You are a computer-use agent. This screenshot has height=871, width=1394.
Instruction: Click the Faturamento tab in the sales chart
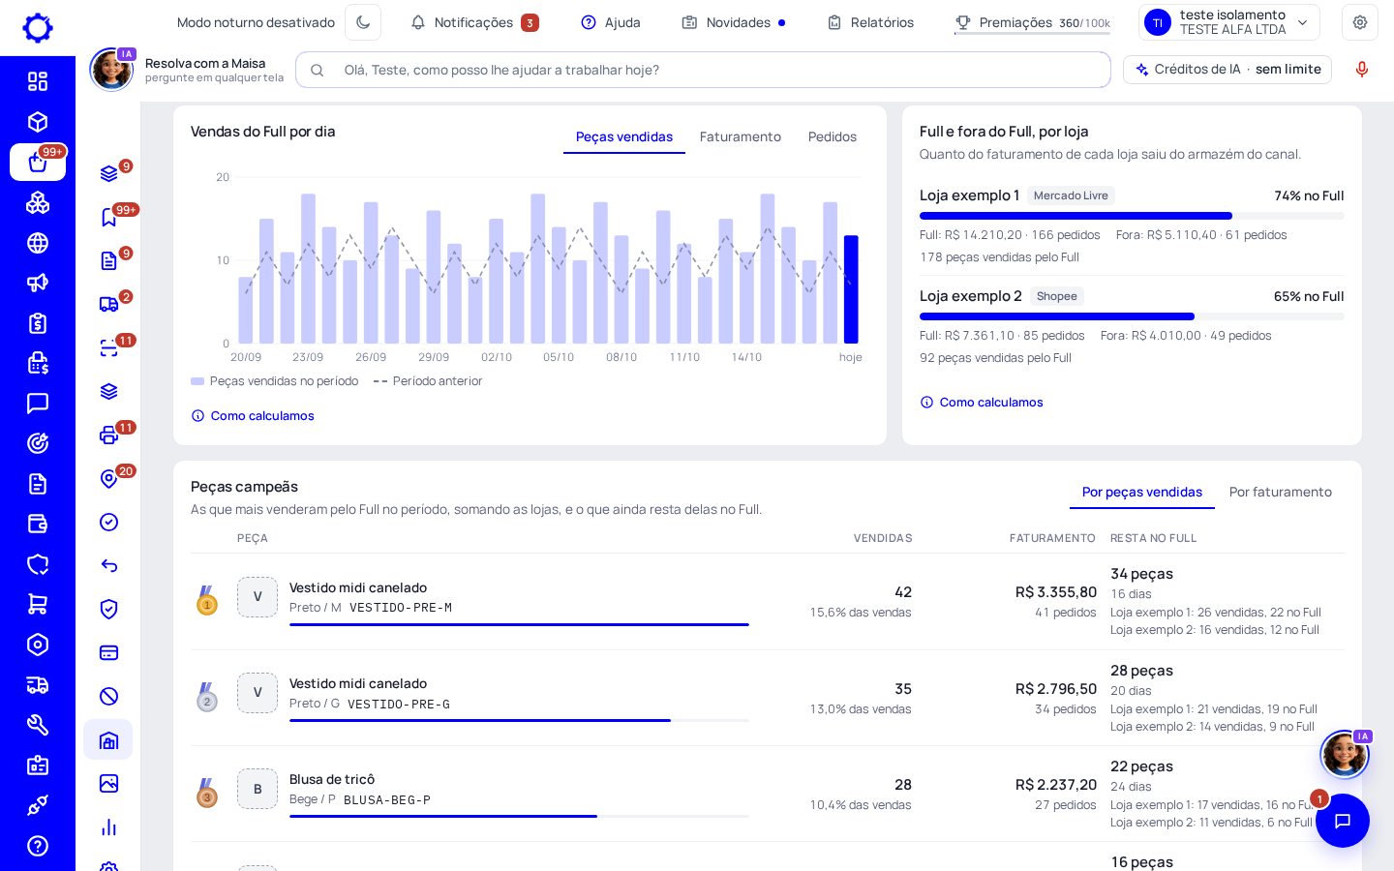point(740,136)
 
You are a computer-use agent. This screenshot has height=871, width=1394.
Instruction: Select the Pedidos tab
point(833,136)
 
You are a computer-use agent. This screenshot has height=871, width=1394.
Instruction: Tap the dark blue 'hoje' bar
point(851,289)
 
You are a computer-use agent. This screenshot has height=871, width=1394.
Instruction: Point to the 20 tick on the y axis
point(223,177)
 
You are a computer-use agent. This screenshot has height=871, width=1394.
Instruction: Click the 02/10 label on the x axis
point(497,357)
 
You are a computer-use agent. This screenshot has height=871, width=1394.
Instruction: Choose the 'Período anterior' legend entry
point(428,380)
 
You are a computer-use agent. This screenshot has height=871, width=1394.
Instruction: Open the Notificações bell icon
point(418,22)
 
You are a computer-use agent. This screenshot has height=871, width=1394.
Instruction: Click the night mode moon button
point(363,22)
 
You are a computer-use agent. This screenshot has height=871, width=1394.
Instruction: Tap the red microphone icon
point(1362,69)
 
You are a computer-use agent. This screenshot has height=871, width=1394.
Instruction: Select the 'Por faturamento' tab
point(1280,492)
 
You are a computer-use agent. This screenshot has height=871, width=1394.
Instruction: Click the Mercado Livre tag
point(1071,195)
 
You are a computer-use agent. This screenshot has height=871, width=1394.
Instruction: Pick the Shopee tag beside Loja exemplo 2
point(1057,296)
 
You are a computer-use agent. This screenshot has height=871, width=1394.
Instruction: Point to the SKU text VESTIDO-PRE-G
point(398,705)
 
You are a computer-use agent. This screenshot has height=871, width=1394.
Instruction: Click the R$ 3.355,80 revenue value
point(1056,591)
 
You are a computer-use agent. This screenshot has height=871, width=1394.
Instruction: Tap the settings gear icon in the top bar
point(1360,22)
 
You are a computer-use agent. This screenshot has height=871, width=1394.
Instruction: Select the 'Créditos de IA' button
point(1227,69)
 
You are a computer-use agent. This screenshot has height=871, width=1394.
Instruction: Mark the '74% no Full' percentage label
point(1309,195)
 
